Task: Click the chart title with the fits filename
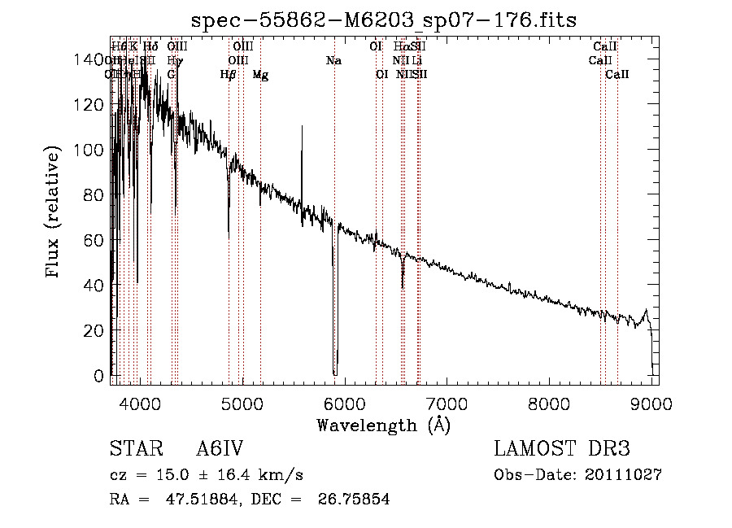point(383,21)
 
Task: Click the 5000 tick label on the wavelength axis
point(242,404)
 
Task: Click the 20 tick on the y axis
point(96,331)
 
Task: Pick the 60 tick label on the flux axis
point(96,241)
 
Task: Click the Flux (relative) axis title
point(54,213)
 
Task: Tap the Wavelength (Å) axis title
point(383,425)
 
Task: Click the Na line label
point(333,60)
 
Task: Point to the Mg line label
point(260,75)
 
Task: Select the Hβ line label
point(229,75)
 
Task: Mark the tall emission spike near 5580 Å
point(302,128)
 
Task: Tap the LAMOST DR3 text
point(561,450)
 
